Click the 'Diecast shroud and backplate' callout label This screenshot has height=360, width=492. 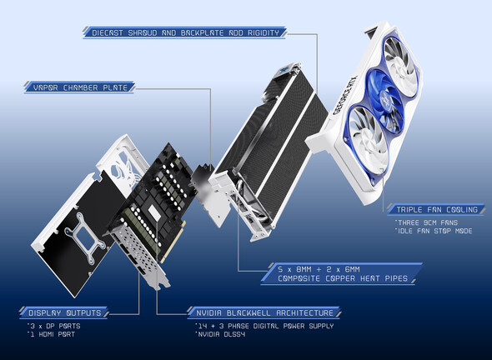point(185,32)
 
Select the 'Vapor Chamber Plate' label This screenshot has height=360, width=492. point(80,87)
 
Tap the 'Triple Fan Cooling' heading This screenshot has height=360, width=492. point(436,209)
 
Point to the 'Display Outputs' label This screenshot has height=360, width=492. point(64,312)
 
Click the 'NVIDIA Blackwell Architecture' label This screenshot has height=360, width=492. point(264,312)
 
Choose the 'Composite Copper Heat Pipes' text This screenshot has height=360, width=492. point(343,278)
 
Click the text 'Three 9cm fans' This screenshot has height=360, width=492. point(427,222)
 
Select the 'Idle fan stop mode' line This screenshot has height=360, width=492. point(434,231)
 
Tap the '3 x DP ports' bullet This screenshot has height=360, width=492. point(54,326)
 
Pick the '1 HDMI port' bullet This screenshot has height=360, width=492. point(51,334)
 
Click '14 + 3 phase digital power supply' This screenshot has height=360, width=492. point(264,326)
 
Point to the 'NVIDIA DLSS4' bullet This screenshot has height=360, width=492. point(220,334)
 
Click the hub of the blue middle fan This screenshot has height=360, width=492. point(385,99)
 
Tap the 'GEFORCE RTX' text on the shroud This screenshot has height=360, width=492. point(346,95)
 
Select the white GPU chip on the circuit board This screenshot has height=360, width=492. point(154,212)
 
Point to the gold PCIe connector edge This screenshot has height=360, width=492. point(173,242)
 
